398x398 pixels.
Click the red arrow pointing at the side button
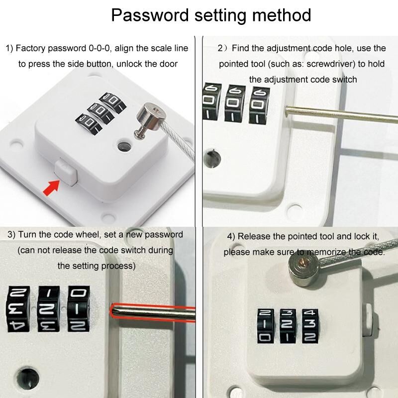(x=52, y=188)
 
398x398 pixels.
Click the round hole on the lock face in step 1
(x=124, y=146)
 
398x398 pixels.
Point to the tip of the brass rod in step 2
(x=287, y=110)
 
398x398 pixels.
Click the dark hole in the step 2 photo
(x=212, y=159)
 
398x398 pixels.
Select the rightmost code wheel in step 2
(x=259, y=105)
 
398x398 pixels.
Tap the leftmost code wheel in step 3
(x=18, y=309)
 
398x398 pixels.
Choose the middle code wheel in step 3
(x=48, y=309)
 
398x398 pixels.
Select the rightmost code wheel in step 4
(x=310, y=326)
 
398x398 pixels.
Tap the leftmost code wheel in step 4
(x=266, y=326)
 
